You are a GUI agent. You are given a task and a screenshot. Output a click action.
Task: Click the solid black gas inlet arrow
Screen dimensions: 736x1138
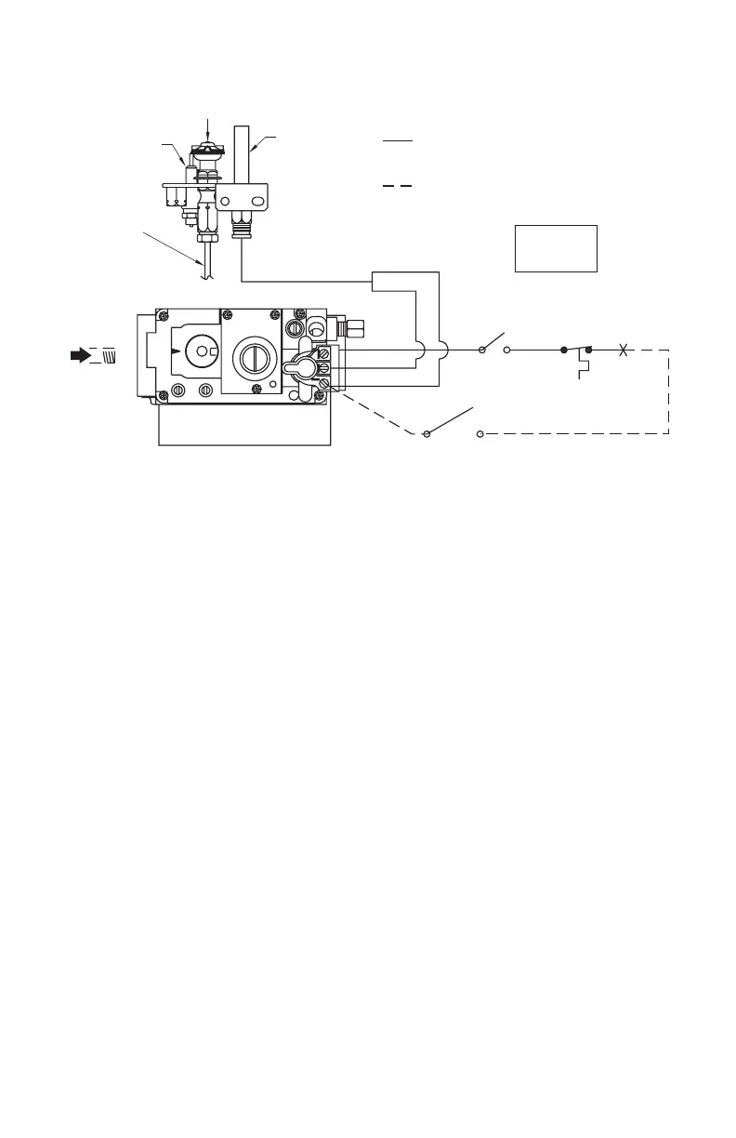pyautogui.click(x=81, y=354)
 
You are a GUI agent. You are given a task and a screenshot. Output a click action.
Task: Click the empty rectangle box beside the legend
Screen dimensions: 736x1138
pyautogui.click(x=556, y=248)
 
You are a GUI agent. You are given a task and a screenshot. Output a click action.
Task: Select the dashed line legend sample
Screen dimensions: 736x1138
pyautogui.click(x=397, y=186)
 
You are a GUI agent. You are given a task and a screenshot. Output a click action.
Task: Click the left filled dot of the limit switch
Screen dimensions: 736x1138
pyautogui.click(x=563, y=351)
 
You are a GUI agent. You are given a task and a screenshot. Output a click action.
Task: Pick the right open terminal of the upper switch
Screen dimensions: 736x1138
pyautogui.click(x=507, y=351)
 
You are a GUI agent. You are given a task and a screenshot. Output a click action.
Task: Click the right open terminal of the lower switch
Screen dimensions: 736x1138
pyautogui.click(x=480, y=433)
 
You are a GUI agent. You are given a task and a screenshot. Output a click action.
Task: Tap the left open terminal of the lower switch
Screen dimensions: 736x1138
pyautogui.click(x=427, y=433)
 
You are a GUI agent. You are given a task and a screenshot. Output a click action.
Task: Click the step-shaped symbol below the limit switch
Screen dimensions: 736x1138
pyautogui.click(x=582, y=370)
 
